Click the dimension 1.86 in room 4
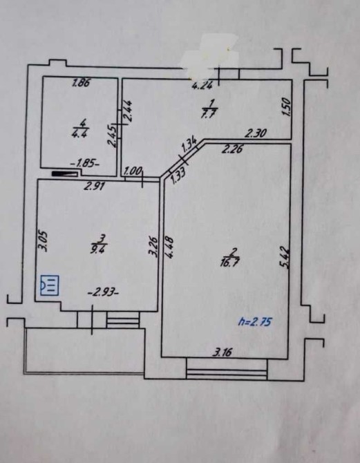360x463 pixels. (81, 83)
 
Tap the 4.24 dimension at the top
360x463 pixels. (202, 86)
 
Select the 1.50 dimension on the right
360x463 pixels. (287, 107)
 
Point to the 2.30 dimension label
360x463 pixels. (256, 134)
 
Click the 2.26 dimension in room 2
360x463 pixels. (232, 149)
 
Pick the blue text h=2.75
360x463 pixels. (255, 321)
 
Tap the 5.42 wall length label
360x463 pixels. (285, 258)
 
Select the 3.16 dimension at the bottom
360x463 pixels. (223, 352)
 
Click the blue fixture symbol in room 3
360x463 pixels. (50, 285)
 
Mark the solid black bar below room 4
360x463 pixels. (64, 173)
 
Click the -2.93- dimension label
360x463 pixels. (104, 293)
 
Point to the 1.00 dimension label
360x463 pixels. (133, 171)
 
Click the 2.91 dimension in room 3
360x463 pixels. (93, 186)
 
